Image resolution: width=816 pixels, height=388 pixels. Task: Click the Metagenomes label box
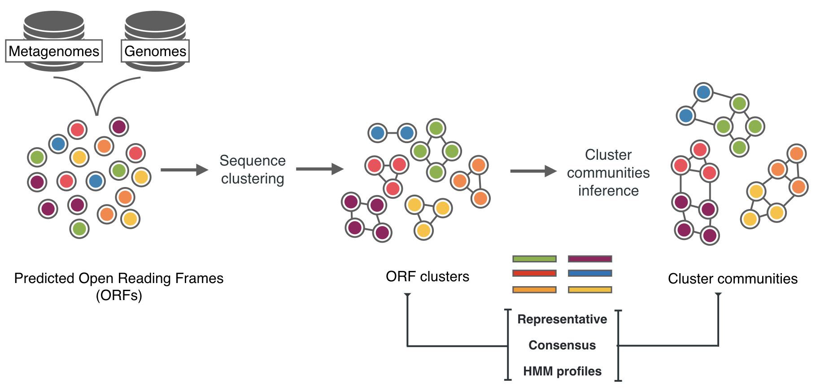54,51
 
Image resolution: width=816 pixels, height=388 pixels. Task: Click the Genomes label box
155,51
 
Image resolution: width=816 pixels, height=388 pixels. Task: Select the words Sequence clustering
253,170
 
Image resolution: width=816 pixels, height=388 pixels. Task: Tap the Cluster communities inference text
608,173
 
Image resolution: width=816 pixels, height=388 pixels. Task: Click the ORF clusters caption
427,277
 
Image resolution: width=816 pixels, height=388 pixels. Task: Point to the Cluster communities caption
733,279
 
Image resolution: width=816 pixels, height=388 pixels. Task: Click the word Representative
562,319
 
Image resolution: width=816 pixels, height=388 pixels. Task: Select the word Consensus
562,345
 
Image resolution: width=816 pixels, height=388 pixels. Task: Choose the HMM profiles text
562,371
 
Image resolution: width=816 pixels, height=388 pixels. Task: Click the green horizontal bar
534,259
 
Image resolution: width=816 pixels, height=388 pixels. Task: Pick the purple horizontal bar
590,259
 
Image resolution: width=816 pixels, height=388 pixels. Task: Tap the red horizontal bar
534,273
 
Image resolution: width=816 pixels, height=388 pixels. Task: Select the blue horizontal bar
590,273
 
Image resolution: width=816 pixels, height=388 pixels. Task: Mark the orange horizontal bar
534,290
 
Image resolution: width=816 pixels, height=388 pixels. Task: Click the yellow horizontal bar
590,290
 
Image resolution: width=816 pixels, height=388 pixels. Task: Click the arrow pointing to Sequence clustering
184,170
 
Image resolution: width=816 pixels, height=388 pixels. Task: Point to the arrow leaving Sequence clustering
319,169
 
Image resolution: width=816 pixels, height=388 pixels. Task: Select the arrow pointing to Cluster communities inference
533,171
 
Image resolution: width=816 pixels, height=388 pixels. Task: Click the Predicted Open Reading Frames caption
119,286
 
